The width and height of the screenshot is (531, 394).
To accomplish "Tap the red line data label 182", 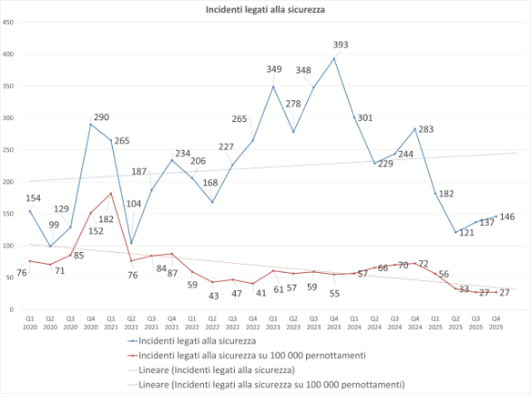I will (107, 219).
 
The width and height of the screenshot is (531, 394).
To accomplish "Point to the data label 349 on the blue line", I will (273, 70).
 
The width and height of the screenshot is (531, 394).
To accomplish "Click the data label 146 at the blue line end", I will (508, 218).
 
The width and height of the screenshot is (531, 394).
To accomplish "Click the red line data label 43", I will (213, 295).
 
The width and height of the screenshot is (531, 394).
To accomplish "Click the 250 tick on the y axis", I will (8, 149).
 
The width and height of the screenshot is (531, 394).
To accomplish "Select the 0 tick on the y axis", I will (11, 309).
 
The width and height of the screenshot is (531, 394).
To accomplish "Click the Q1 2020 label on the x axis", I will (30, 322).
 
